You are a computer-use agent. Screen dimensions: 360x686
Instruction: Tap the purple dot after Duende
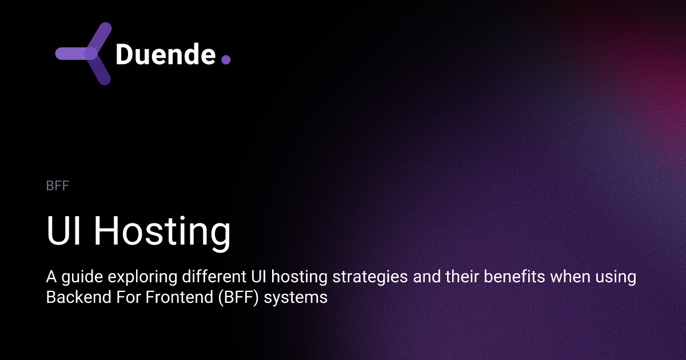tap(226, 59)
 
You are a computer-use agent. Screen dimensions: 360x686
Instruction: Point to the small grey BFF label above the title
tap(57, 186)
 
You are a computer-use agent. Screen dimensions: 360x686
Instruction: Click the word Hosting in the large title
tap(162, 233)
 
